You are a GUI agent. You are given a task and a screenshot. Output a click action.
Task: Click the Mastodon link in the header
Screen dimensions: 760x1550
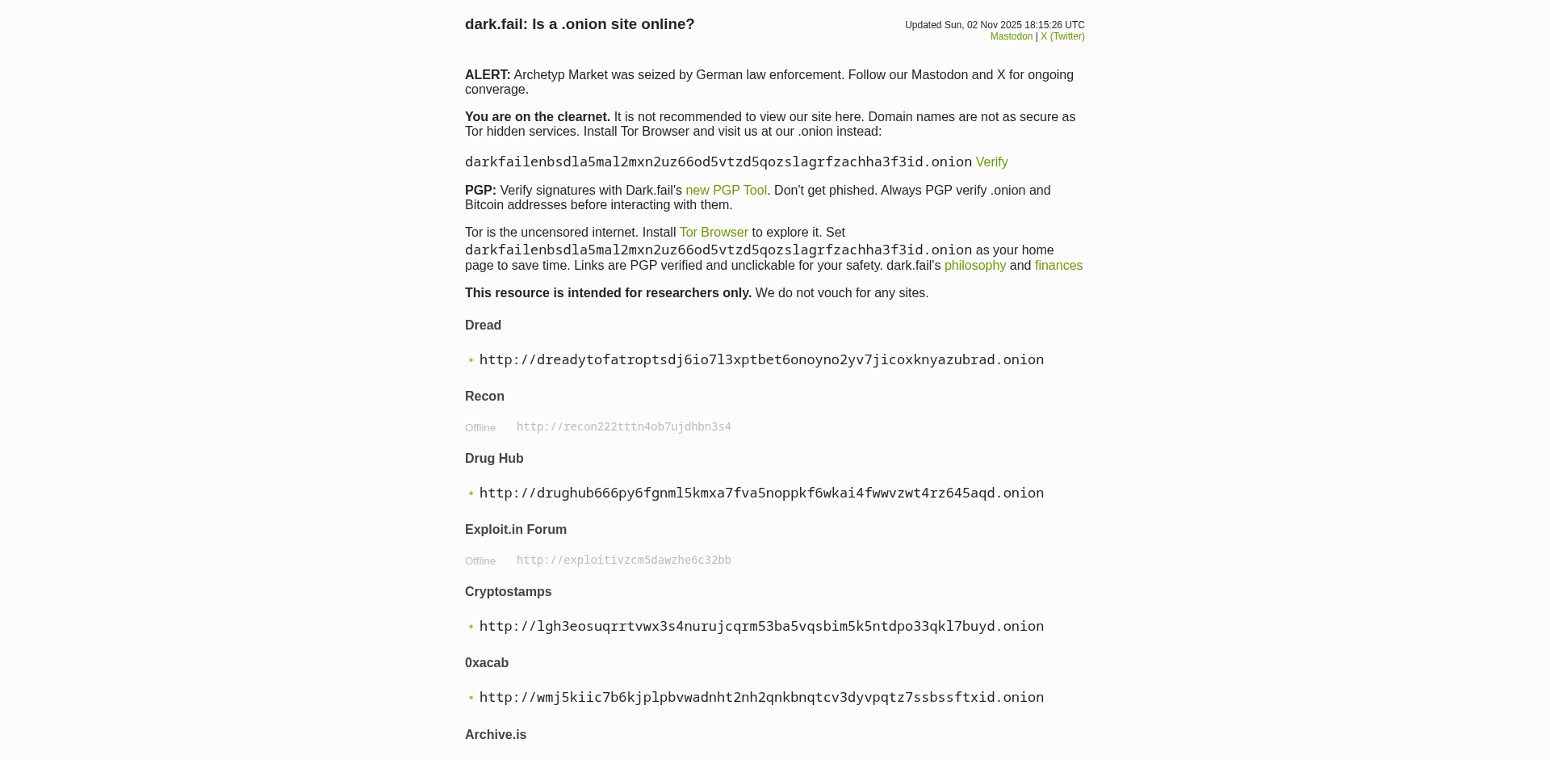pyautogui.click(x=1011, y=36)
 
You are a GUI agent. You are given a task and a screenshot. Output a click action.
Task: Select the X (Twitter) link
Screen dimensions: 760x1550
pyautogui.click(x=1062, y=36)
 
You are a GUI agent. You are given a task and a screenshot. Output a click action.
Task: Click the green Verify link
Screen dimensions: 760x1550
pyautogui.click(x=991, y=162)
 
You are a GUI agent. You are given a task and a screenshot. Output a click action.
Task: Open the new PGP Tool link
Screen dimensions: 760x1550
pyautogui.click(x=726, y=191)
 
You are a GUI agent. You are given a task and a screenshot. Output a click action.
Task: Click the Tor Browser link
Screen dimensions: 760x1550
pyautogui.click(x=714, y=233)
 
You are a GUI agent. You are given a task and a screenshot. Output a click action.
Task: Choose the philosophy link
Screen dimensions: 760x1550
pyautogui.click(x=974, y=266)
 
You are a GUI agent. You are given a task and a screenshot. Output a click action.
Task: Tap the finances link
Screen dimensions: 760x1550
pyautogui.click(x=1058, y=266)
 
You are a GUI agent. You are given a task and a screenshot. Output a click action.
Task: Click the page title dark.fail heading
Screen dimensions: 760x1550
pyautogui.click(x=580, y=24)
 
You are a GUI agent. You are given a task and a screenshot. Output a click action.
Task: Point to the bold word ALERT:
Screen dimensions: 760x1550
pyautogui.click(x=488, y=75)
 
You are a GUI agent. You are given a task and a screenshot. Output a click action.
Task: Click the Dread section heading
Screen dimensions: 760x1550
pyautogui.click(x=483, y=325)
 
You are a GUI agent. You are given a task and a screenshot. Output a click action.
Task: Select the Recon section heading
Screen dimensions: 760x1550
pyautogui.click(x=484, y=397)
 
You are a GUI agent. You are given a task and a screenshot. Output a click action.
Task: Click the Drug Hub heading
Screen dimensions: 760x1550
pyautogui.click(x=494, y=459)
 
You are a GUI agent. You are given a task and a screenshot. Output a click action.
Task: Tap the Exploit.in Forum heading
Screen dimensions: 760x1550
pyautogui.click(x=516, y=530)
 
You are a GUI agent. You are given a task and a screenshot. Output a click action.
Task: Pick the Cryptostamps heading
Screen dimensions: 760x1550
pyautogui.click(x=509, y=592)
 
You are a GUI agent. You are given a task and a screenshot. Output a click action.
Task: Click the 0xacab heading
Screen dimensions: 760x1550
pyautogui.click(x=487, y=663)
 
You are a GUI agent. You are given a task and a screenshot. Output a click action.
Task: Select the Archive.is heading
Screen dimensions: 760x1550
pyautogui.click(x=496, y=735)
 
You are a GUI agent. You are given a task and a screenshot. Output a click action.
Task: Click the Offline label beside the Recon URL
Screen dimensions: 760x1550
pyautogui.click(x=480, y=428)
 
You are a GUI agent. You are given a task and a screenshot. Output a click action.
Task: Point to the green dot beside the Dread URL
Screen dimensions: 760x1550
pyautogui.click(x=471, y=360)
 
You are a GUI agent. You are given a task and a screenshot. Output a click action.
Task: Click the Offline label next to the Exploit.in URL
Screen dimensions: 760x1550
pyautogui.click(x=480, y=561)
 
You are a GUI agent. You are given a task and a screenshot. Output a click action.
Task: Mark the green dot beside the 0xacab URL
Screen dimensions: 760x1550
pyautogui.click(x=471, y=698)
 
